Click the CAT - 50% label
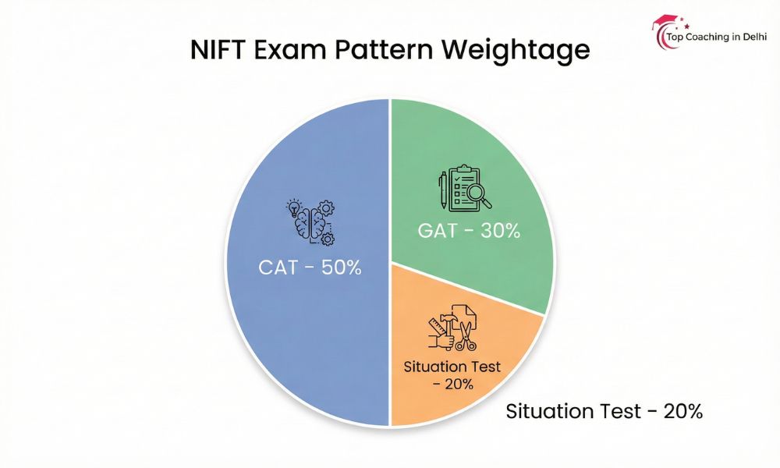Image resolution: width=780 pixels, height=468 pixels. tap(310, 268)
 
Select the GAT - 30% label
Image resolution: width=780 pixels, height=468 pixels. tap(468, 232)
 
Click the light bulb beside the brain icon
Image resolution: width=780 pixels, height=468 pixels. tap(293, 207)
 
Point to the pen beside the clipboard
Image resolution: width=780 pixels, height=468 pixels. tap(442, 191)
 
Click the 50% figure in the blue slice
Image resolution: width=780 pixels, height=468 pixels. tap(341, 268)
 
